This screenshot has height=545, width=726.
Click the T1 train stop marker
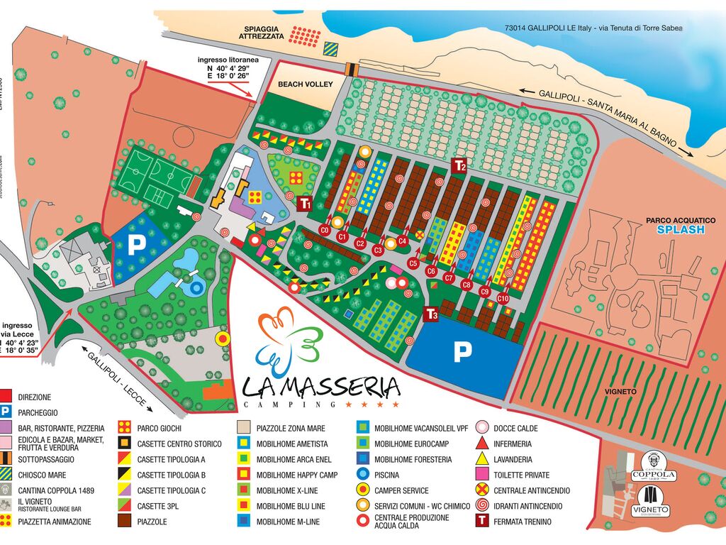pos(305,204)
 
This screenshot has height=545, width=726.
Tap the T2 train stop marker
pos(459,166)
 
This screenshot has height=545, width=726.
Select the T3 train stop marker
pos(431,314)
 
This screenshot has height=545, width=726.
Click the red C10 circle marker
pos(503,299)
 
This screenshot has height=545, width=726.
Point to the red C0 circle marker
pos(325,230)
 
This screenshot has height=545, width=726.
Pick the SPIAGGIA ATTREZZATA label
pos(262,33)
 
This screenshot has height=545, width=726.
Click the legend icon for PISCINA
pos(362,475)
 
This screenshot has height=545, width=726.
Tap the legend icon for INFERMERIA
pos(481,444)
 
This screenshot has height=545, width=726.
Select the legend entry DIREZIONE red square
pos(6,397)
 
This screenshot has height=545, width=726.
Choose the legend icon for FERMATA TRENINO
pos(481,522)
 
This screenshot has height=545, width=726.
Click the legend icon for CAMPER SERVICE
pos(362,490)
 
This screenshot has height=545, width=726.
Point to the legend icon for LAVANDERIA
pos(481,459)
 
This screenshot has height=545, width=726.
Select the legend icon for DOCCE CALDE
pos(481,428)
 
